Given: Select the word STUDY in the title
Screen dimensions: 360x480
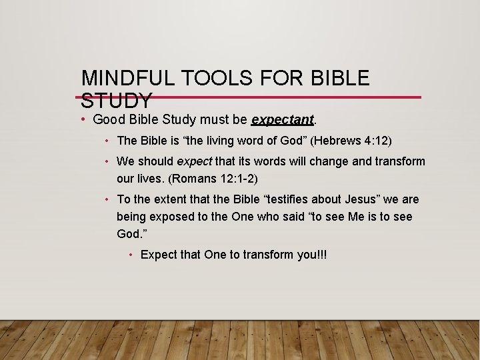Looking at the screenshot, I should (116, 101).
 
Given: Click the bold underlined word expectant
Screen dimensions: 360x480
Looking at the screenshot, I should (282, 120).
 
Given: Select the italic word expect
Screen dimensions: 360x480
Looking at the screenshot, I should (194, 161).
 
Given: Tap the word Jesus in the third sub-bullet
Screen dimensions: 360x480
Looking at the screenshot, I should (345, 199).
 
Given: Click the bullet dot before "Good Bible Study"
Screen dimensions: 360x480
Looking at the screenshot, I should (85, 120).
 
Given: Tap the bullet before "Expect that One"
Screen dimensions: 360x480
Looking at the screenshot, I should (132, 255).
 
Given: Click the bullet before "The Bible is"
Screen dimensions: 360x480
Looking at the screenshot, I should (107, 141).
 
